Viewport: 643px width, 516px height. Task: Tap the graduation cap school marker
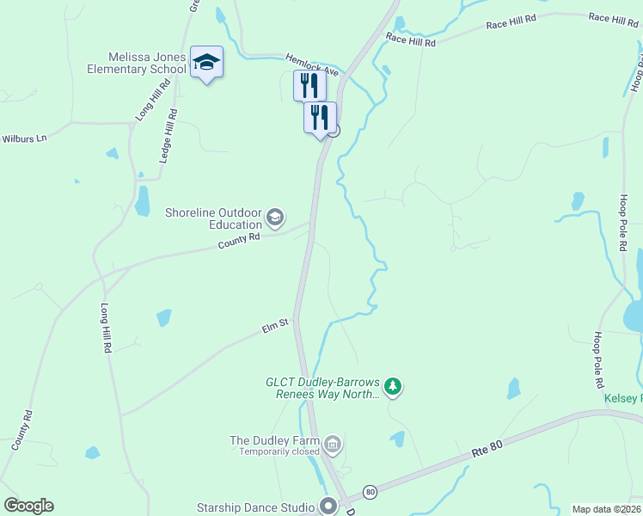pos(206,62)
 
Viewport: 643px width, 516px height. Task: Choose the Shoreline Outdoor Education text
pos(212,219)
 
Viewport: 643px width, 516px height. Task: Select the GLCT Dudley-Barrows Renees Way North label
pos(322,388)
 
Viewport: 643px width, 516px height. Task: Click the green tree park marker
pos(393,386)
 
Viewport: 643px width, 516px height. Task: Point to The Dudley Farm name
pos(274,441)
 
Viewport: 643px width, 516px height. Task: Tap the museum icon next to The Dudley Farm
pos(334,444)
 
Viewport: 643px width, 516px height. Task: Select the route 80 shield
pos(370,491)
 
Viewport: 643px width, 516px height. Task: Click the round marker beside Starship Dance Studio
pos(327,506)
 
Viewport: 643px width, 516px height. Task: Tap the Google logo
pos(29,506)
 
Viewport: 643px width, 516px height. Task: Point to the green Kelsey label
pos(621,398)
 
